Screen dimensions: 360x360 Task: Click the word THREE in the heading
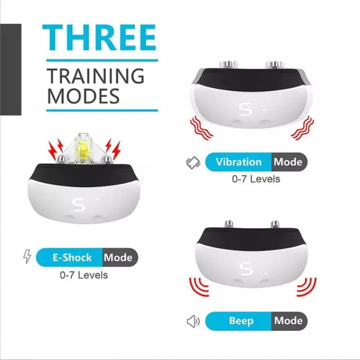tap(99, 38)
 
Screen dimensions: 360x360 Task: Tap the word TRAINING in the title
tap(95, 76)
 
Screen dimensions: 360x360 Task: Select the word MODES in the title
tap(83, 96)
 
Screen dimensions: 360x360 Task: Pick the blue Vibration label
tap(238, 162)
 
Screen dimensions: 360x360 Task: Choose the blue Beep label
tap(241, 321)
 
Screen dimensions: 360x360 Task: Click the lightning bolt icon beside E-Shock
tap(27, 257)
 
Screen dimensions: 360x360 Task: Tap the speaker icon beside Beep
tap(193, 322)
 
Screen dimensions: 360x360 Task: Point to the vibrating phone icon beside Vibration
tap(192, 163)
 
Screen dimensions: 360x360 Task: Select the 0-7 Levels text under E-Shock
tap(84, 275)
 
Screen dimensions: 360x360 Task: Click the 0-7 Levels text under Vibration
tap(256, 179)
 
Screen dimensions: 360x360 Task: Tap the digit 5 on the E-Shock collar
tap(78, 203)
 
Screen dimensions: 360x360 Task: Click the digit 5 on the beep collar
tap(247, 268)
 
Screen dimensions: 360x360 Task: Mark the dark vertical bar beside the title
tap(10, 70)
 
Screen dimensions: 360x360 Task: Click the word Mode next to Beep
tap(288, 321)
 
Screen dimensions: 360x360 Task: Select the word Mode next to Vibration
tap(288, 162)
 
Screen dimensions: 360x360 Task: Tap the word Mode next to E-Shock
tap(118, 257)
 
